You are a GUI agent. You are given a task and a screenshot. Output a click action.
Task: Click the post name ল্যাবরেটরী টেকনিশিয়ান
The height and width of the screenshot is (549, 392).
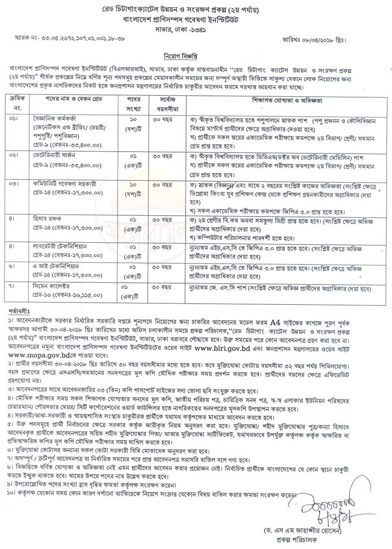click(x=58, y=247)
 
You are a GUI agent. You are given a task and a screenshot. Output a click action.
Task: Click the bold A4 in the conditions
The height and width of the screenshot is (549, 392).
click(x=275, y=323)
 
